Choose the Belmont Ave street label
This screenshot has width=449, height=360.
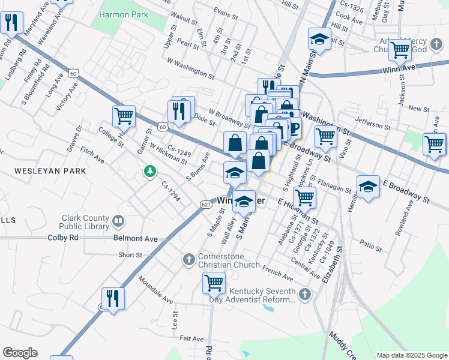pos(135,239)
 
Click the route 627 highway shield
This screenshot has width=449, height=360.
pos(206,205)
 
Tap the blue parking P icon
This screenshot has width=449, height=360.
pos(295,128)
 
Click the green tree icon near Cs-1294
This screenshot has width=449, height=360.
pos(149,172)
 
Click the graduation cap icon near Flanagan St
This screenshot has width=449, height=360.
pos(368,186)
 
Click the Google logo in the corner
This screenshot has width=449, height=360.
pos(20,353)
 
